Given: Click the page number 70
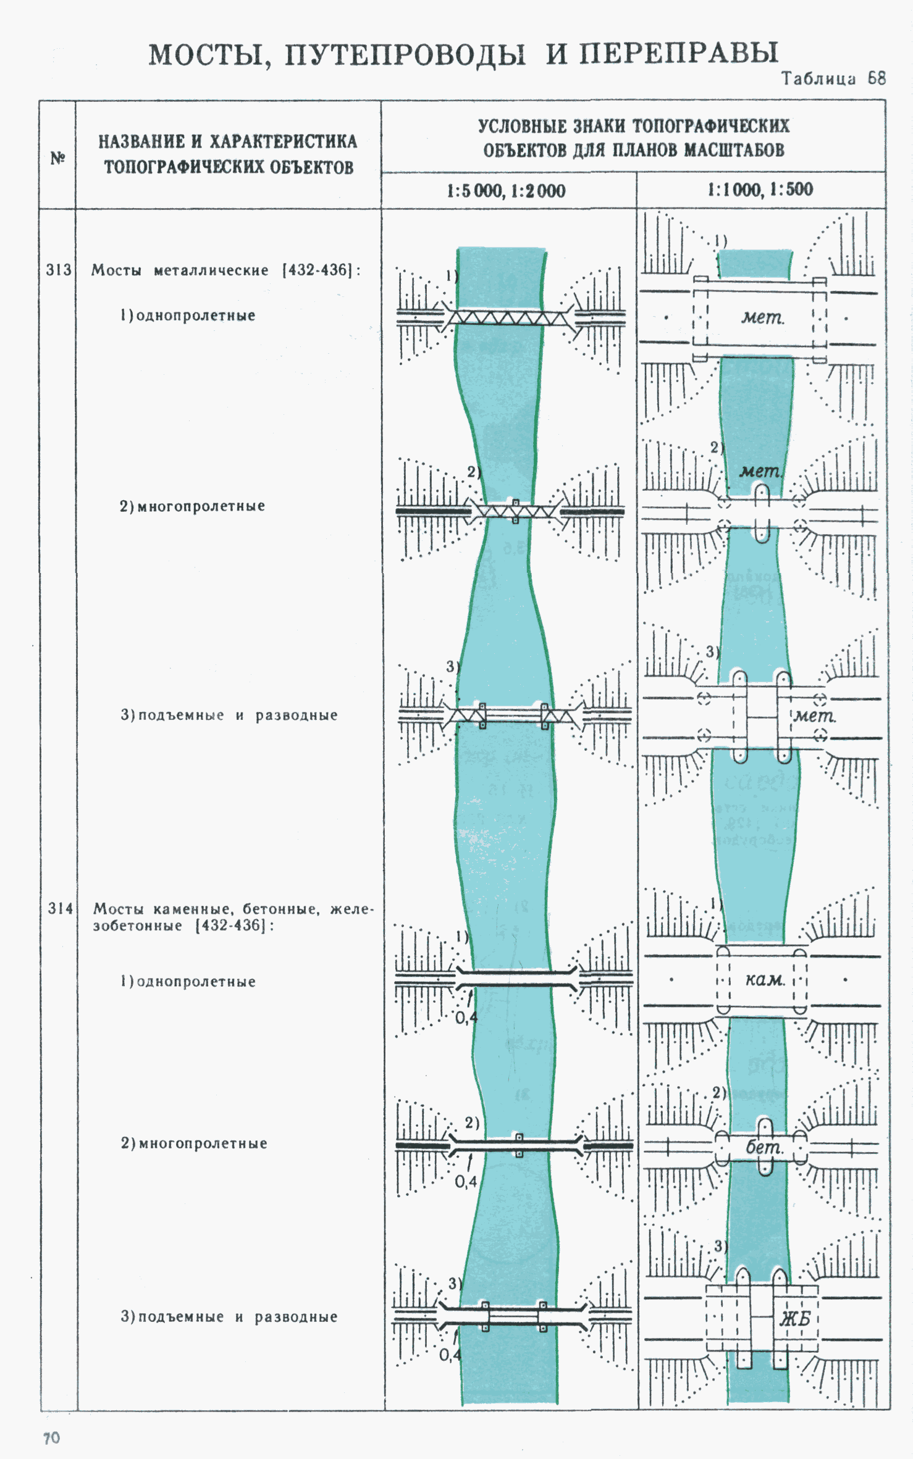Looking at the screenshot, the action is pos(52,1438).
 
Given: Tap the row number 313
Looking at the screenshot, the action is pos(59,270).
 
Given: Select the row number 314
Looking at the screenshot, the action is pos(61,908).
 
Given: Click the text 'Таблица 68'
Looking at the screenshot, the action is pos(834,78).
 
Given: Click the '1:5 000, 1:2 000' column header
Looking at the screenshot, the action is pos(506,191).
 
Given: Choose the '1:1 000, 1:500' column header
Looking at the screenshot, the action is pos(760,190).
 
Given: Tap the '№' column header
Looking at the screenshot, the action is pos(57,158).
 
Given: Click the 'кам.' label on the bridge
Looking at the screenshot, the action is pos(765,980).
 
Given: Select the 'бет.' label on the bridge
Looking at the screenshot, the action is pos(765,1147).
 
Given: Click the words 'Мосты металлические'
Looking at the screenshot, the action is pos(180,270).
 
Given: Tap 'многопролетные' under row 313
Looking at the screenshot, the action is pos(201,506).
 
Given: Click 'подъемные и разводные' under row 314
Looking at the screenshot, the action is pos(237,1316).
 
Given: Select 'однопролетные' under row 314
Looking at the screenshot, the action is pos(196,982).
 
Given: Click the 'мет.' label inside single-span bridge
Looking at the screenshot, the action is pos(763,317).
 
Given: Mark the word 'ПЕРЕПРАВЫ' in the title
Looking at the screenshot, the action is pos(678,54).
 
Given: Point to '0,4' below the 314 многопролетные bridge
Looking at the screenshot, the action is pos(466,1182).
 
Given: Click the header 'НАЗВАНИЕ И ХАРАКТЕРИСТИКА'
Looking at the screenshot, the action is pos(228,141).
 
